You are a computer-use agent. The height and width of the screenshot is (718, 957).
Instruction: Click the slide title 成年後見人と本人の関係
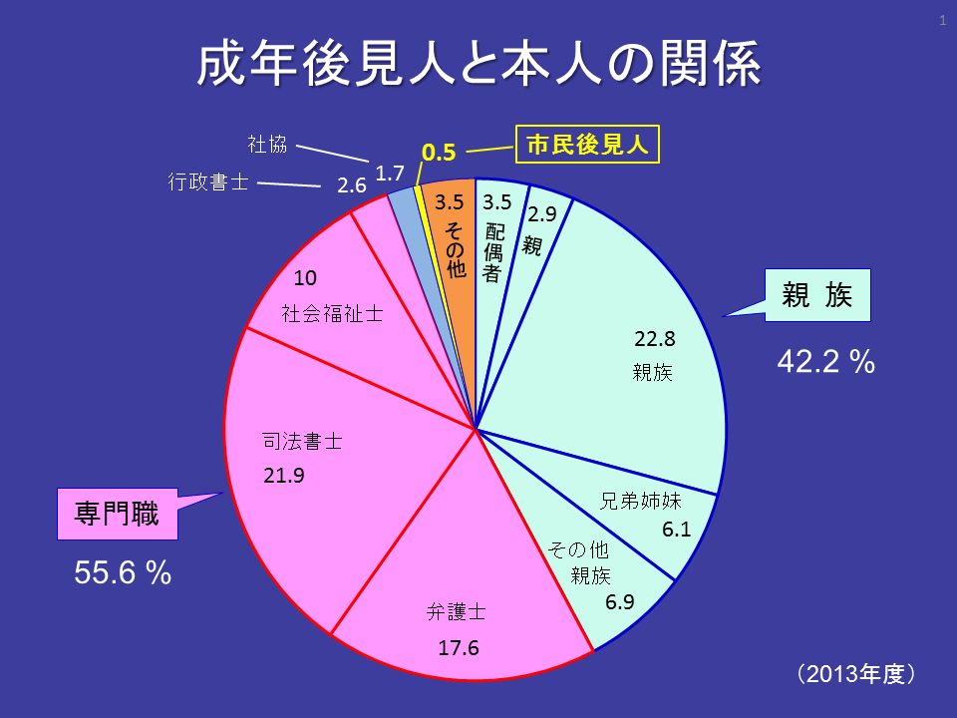coord(478,65)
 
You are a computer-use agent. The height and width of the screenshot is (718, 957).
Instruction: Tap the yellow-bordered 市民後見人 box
coord(588,146)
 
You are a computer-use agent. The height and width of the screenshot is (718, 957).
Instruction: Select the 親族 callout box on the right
coord(817,295)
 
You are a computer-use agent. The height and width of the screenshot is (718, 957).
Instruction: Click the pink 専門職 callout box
coord(116,513)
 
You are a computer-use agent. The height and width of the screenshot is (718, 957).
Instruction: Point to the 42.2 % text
coord(825,362)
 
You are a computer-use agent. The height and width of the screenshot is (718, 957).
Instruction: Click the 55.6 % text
coord(124,572)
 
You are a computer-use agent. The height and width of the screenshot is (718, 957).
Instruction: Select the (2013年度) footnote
coord(855,674)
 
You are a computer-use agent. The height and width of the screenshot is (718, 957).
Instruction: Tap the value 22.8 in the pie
coord(655,338)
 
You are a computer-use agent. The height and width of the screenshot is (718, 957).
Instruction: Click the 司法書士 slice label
coord(302,441)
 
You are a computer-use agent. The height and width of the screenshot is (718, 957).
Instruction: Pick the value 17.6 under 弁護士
coord(459,648)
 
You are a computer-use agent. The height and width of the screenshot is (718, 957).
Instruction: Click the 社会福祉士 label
coord(332,314)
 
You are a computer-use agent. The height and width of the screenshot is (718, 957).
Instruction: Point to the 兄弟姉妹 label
coord(641,501)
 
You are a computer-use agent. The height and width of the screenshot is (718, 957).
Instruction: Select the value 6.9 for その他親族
coord(620,601)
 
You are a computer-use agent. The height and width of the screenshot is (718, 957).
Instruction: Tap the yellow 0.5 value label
coord(439,153)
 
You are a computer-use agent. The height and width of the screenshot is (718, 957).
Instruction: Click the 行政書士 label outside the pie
coord(207,182)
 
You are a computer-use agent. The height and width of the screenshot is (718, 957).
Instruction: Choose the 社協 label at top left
coord(267,144)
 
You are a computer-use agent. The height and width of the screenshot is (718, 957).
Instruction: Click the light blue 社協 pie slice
coord(404,204)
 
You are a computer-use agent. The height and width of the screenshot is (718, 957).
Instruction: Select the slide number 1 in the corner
coord(942,19)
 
